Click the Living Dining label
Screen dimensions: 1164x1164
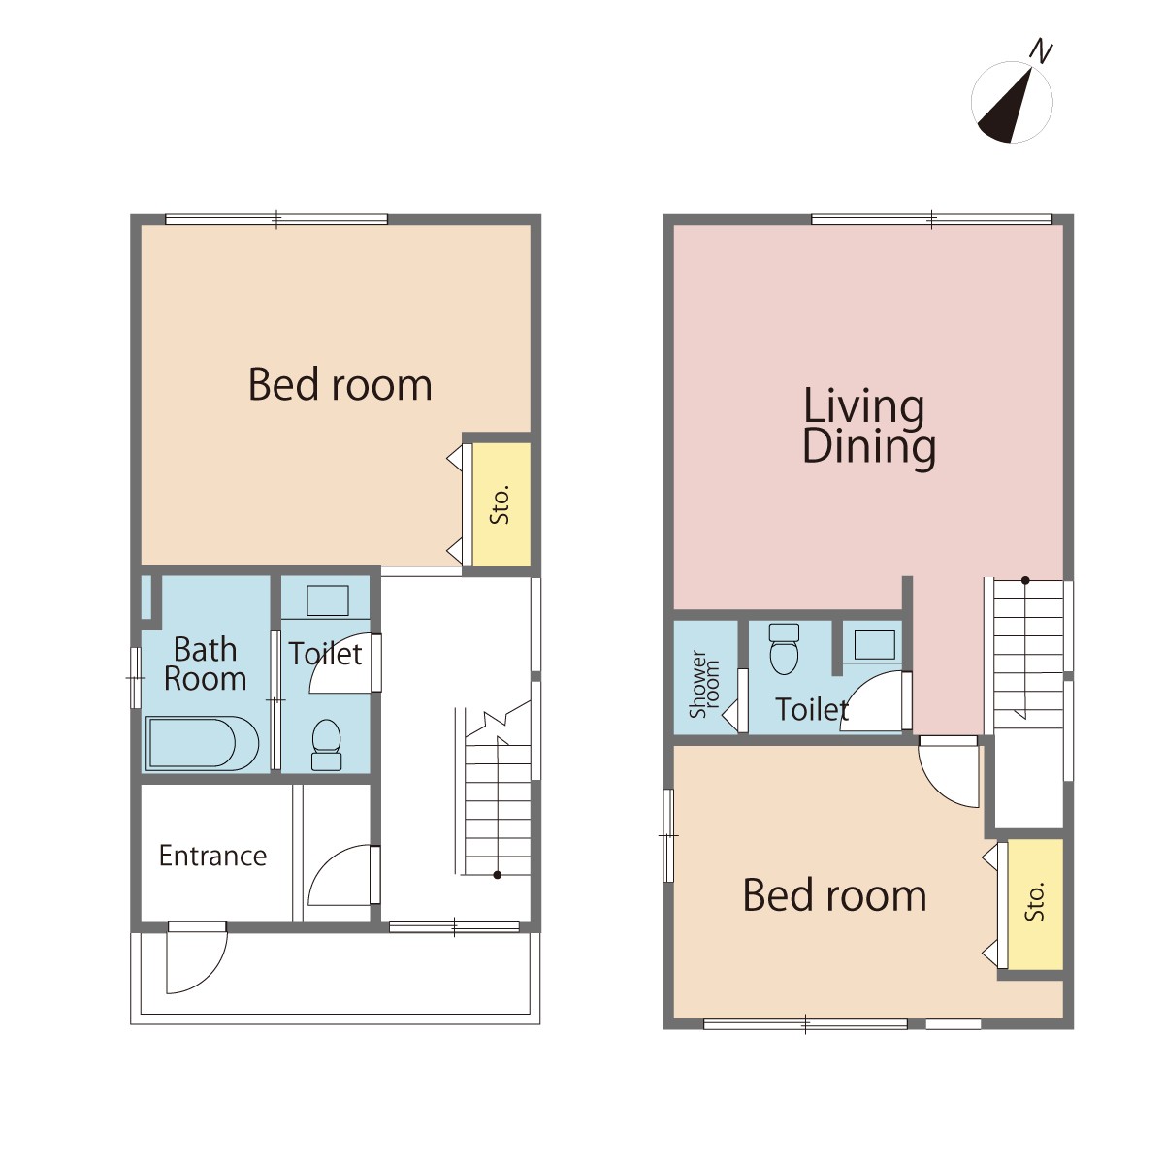[x=868, y=428]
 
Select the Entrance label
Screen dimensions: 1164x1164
[x=212, y=856]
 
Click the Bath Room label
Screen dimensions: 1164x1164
[x=205, y=663]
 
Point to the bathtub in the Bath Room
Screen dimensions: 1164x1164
[x=203, y=743]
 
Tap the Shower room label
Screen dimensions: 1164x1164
[x=704, y=684]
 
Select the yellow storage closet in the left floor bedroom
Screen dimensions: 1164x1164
[x=501, y=504]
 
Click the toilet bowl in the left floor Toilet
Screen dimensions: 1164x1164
[x=326, y=744]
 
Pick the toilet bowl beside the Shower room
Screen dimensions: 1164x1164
[x=784, y=649]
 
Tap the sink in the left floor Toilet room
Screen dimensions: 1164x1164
[x=328, y=599]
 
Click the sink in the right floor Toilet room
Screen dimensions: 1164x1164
[x=875, y=645]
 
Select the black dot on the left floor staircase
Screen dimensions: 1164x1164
[x=498, y=875]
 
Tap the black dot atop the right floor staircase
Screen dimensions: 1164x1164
[x=1025, y=580]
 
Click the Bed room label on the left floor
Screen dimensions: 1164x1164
[x=340, y=384]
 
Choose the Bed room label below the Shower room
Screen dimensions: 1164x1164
[x=834, y=895]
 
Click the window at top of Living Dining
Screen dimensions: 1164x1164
[x=931, y=219]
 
